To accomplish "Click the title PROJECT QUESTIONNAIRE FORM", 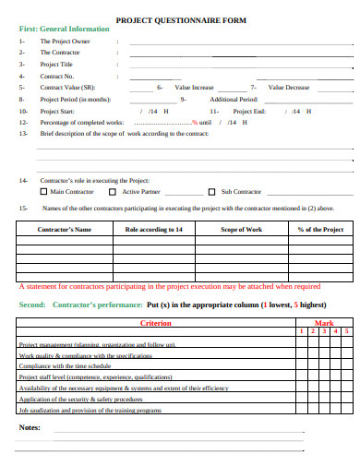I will [180, 18].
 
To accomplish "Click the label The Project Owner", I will [65, 42].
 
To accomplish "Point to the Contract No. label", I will [57, 75].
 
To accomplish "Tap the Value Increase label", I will [194, 87].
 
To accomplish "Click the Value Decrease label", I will [289, 87].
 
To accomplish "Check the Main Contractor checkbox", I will [44, 192].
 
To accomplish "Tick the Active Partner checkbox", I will [113, 192].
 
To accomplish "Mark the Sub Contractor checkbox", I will [211, 192].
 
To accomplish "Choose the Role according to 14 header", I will [153, 229].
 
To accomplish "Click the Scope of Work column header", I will [241, 229].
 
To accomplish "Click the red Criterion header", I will [155, 323].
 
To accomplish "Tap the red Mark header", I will [324, 323].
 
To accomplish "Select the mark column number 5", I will [345, 330].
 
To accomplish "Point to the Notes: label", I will [30, 427].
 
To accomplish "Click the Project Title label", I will [56, 64].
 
